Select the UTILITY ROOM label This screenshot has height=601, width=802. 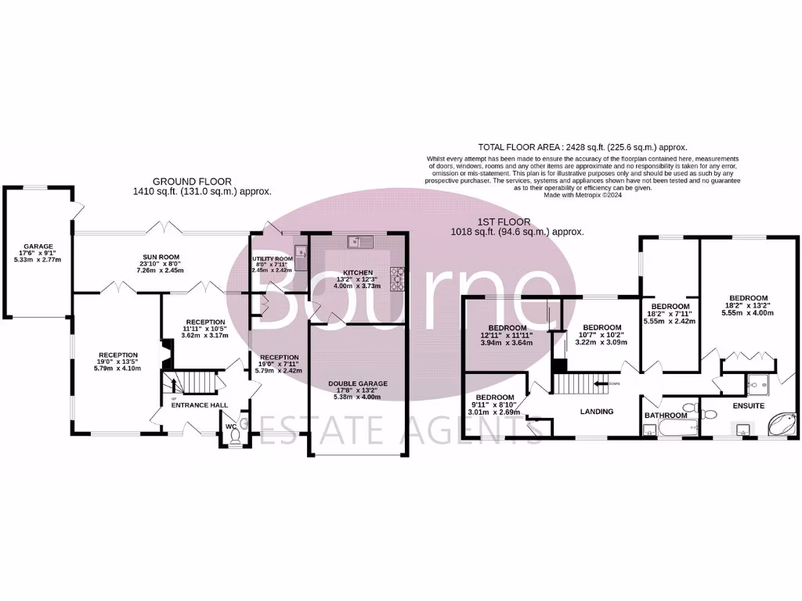[x=273, y=258]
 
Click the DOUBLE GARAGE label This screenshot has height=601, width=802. [x=357, y=383]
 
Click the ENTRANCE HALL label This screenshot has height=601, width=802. [x=199, y=405]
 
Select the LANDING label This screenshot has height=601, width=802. [x=598, y=412]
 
